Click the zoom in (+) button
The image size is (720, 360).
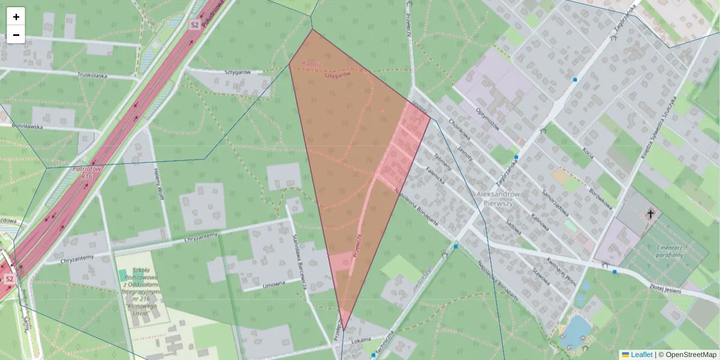[x=16, y=17]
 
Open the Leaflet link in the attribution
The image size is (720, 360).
[x=641, y=355]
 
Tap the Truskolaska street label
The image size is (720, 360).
[x=92, y=76]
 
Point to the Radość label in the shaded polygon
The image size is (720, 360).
[x=313, y=64]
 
